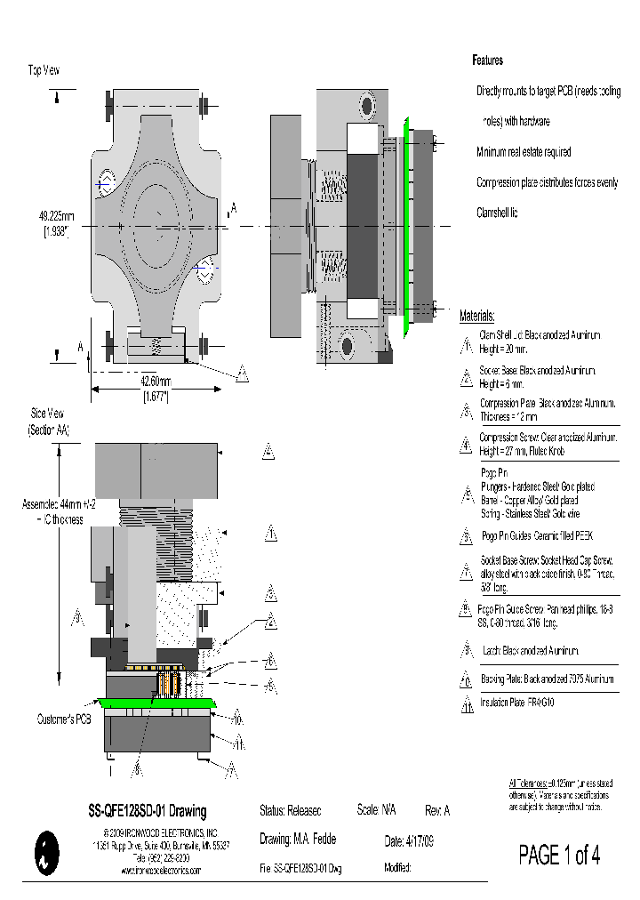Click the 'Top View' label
pyautogui.click(x=44, y=69)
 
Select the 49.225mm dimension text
pyautogui.click(x=56, y=215)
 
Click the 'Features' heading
pyautogui.click(x=487, y=60)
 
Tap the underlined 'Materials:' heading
pyautogui.click(x=477, y=317)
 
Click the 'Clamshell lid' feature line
pyautogui.click(x=497, y=213)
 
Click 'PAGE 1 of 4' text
pyautogui.click(x=559, y=856)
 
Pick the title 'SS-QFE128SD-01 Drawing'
pyautogui.click(x=147, y=811)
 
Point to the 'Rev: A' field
pyautogui.click(x=438, y=811)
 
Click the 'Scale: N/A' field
pyautogui.click(x=376, y=811)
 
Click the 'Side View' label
pyautogui.click(x=48, y=414)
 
